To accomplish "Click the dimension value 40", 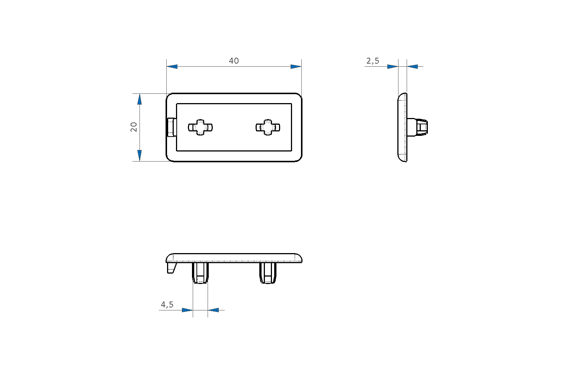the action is [234, 61].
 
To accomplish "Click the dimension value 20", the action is [134, 127].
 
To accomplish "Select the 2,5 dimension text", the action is [373, 61].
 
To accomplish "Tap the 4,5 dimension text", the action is [167, 304].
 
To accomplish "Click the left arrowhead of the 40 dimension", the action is [172, 67].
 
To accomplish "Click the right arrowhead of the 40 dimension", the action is [296, 67].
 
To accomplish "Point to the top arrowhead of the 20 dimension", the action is [140, 99].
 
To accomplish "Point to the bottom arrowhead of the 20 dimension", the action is [140, 156].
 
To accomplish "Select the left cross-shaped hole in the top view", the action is [201, 127].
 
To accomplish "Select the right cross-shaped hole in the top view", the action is [268, 127].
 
